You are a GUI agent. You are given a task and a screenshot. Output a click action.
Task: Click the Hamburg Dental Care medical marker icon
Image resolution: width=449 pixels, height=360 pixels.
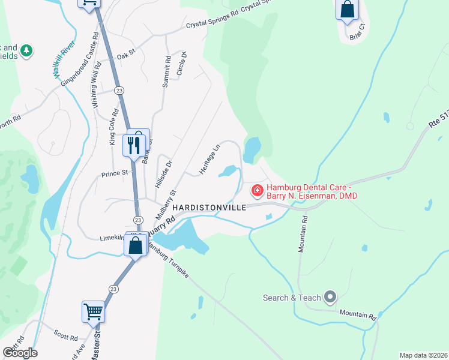[x=257, y=191]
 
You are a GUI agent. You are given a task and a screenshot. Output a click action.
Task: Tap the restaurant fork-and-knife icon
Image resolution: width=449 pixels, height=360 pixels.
[x=133, y=145]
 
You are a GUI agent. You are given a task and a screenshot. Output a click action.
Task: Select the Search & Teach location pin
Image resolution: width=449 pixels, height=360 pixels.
[x=329, y=296]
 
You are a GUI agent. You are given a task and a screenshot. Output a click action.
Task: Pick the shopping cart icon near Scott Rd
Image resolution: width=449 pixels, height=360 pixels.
[x=93, y=311]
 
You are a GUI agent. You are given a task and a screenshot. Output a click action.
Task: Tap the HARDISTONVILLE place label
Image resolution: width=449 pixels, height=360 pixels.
[x=209, y=208]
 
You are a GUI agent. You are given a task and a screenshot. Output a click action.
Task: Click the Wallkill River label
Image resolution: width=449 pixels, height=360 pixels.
[x=62, y=60]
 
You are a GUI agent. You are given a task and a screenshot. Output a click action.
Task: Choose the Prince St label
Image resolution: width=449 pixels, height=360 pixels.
[x=115, y=173]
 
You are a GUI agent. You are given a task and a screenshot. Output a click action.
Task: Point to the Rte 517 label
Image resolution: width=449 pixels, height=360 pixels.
[x=438, y=121]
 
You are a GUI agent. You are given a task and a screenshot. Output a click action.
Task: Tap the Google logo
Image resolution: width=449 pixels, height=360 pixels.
[x=20, y=352]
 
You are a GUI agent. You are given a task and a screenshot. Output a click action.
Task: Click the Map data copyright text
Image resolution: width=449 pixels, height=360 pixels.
[x=423, y=355]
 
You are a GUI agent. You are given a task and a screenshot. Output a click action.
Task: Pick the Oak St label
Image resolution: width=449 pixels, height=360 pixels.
[x=127, y=52]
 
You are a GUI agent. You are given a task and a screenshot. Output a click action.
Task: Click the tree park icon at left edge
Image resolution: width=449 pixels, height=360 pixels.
[x=26, y=52]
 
